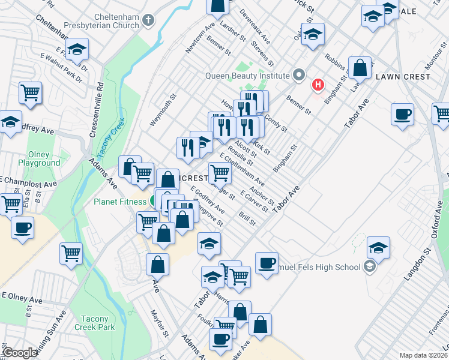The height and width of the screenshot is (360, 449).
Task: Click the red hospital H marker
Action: (318, 85)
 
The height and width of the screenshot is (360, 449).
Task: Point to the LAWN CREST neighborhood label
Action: (403, 77)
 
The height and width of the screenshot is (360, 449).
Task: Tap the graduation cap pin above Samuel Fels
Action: (378, 247)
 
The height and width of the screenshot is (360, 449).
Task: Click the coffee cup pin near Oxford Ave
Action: (402, 113)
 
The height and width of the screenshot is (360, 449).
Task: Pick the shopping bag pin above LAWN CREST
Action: (360, 68)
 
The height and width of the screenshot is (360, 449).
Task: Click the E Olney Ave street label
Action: (22, 299)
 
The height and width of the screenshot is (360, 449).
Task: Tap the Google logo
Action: (20, 353)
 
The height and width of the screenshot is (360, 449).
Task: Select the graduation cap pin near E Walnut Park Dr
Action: (76, 49)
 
